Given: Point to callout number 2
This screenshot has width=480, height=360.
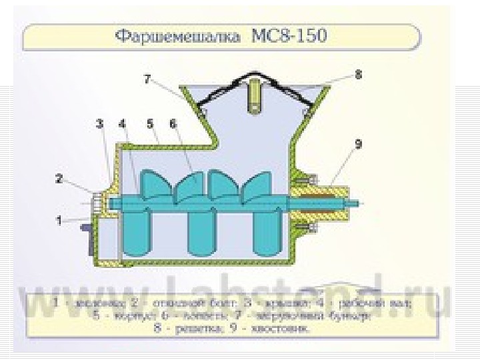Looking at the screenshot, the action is point(59,179).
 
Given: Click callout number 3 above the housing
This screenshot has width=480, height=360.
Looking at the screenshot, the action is point(99,123).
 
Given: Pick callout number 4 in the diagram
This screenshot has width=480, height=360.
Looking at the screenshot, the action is point(123,123).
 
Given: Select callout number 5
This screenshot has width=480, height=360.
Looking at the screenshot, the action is point(151,123).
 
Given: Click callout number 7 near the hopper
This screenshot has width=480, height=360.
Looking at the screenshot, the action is point(147,79).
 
